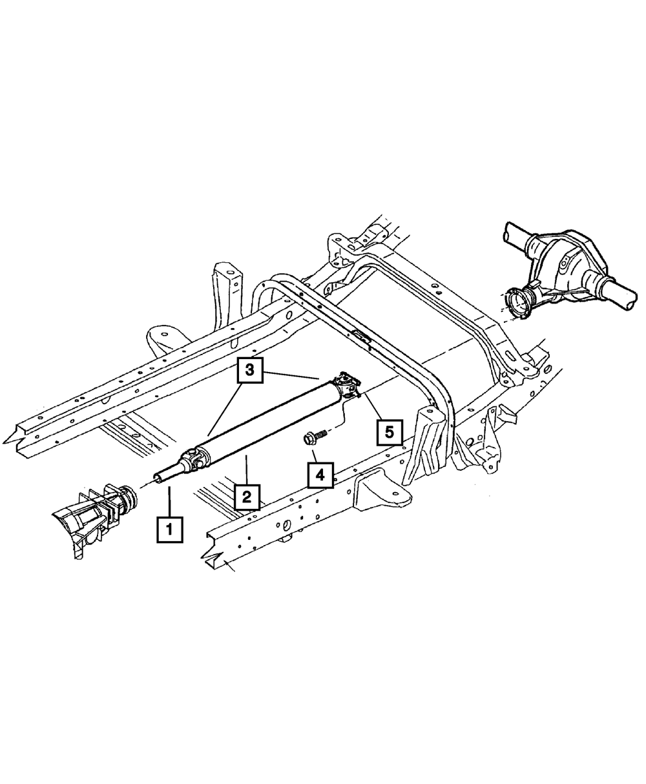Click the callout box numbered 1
170,530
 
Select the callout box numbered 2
247,497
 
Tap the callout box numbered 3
250,370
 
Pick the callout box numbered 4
320,475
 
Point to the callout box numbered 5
390,432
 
